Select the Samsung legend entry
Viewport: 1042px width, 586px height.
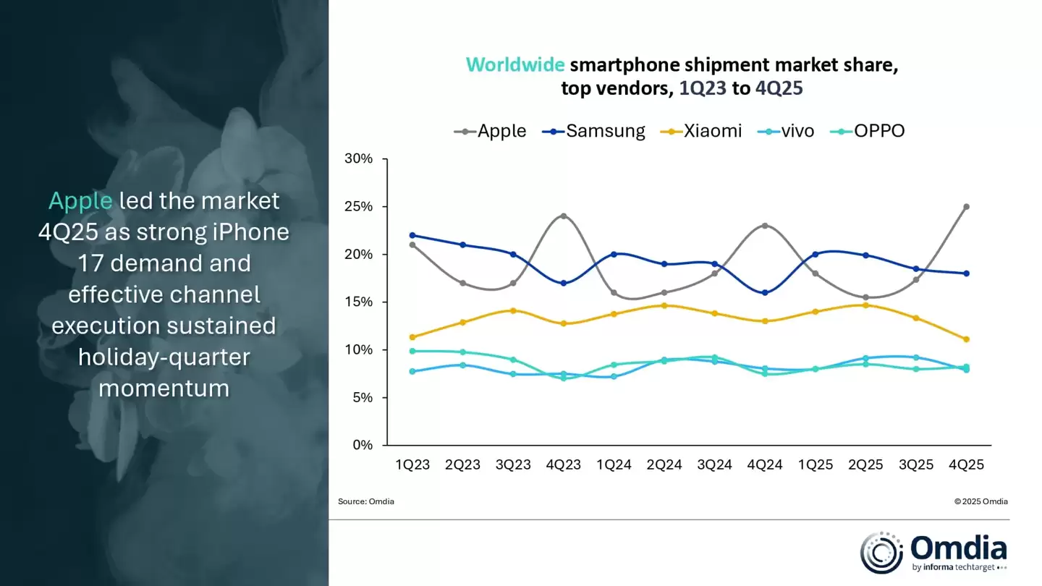(593, 131)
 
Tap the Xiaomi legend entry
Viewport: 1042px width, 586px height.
(702, 131)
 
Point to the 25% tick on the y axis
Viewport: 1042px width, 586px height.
(357, 206)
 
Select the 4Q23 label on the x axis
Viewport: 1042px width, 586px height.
(563, 465)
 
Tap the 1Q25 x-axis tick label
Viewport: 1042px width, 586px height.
(816, 465)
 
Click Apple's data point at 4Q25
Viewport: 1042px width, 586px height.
(966, 206)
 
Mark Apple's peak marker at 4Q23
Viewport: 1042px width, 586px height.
(563, 216)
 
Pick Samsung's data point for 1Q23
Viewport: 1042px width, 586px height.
(412, 235)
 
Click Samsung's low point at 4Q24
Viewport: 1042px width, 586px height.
(765, 292)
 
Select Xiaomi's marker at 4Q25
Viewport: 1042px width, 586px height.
(966, 339)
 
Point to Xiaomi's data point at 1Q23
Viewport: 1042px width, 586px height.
(412, 337)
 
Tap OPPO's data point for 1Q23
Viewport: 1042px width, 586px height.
(412, 351)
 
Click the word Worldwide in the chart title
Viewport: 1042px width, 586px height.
(515, 65)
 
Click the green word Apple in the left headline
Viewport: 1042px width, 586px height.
(80, 201)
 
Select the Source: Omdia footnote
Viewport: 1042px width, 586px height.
(366, 501)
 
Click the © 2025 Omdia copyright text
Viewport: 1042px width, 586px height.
(980, 501)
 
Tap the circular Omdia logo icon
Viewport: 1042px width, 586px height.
(881, 553)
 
